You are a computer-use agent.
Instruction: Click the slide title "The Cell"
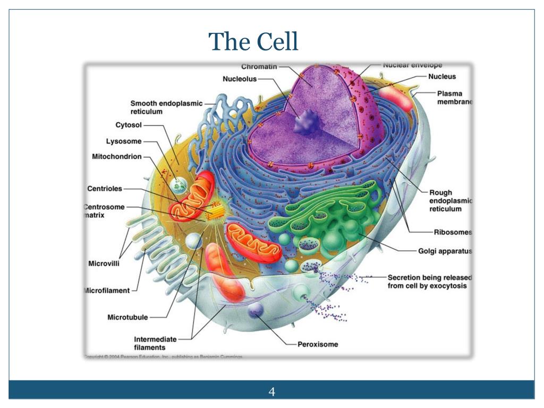tap(253, 42)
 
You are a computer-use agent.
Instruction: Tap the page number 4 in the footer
tap(272, 392)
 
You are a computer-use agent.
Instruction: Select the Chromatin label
tap(259, 67)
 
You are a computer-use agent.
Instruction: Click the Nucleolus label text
tap(240, 79)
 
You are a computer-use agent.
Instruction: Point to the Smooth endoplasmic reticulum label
tap(166, 107)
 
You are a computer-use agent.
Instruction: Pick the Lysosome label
tap(124, 141)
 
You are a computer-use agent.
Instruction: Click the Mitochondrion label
tap(117, 157)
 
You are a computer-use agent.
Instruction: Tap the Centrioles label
tap(105, 189)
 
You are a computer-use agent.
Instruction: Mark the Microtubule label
tap(127, 318)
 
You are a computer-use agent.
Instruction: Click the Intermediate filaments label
tap(155, 343)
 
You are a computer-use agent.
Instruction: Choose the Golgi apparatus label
tap(445, 251)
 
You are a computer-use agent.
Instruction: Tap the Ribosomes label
tap(453, 232)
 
